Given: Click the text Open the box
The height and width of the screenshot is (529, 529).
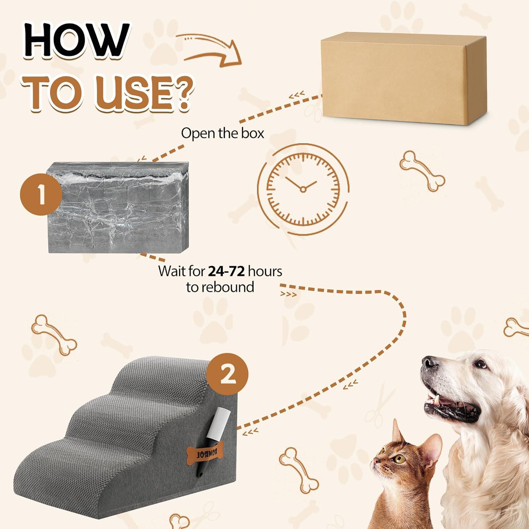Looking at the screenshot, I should click(222, 133).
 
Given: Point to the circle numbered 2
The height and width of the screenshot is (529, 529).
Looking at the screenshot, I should click(227, 374).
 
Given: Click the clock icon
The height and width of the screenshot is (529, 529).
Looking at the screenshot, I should click(303, 189).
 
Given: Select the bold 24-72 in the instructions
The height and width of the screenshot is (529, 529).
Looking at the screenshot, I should click(226, 271).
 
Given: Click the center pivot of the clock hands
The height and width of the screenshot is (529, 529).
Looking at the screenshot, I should click(303, 189).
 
